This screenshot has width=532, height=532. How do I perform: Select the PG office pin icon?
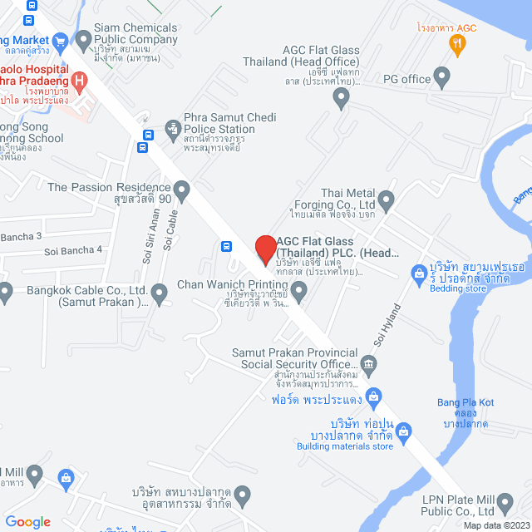click(x=441, y=79)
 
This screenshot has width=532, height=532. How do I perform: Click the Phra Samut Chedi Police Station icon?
click(x=173, y=129)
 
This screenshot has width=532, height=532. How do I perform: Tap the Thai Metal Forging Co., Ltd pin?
click(x=386, y=200)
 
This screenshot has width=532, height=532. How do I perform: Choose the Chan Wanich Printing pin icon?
click(x=298, y=289)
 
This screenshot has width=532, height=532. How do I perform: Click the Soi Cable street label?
click(x=173, y=229)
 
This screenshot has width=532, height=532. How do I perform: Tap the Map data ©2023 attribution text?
click(x=495, y=525)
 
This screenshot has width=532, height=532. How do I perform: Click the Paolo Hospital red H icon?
click(x=80, y=81)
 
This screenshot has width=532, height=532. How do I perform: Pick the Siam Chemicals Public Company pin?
click(x=82, y=39)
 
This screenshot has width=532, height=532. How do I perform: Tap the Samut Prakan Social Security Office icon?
click(x=369, y=363)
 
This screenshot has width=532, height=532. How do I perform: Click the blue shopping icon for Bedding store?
click(x=421, y=272)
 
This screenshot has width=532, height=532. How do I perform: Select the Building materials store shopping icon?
click(x=404, y=431)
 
